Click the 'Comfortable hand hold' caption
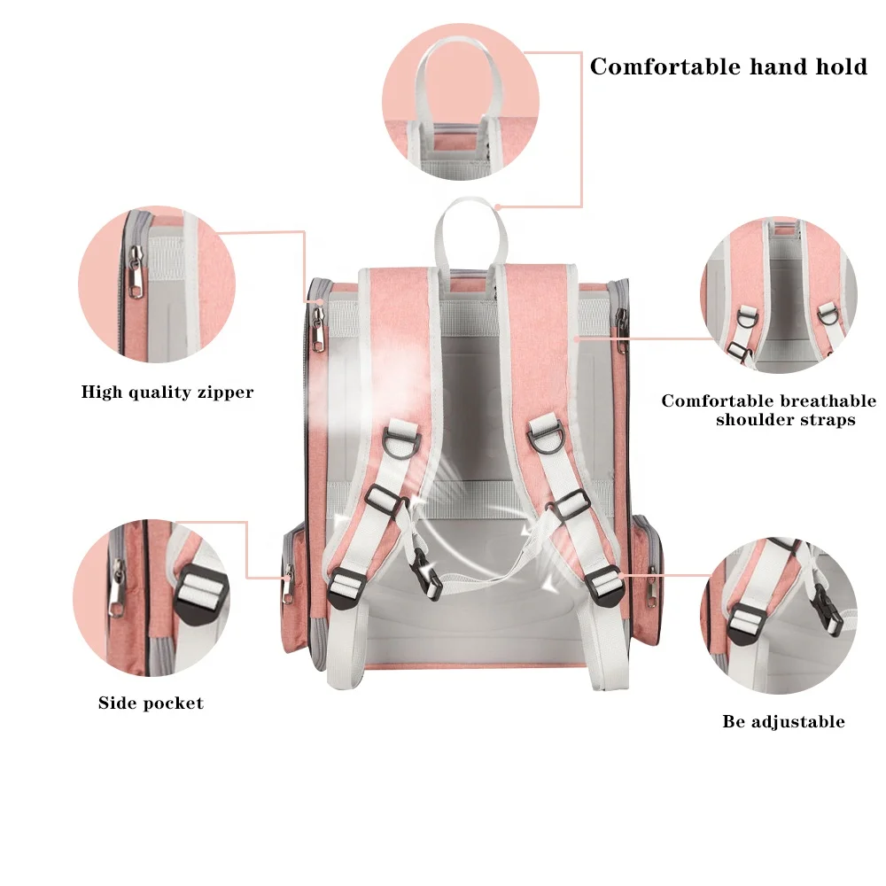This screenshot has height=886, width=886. pos(728,66)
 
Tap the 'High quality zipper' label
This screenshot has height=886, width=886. pos(167,392)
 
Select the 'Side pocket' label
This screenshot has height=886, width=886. pos(151,703)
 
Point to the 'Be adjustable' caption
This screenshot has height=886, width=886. pos(783,721)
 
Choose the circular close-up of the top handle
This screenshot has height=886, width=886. pos(461,102)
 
